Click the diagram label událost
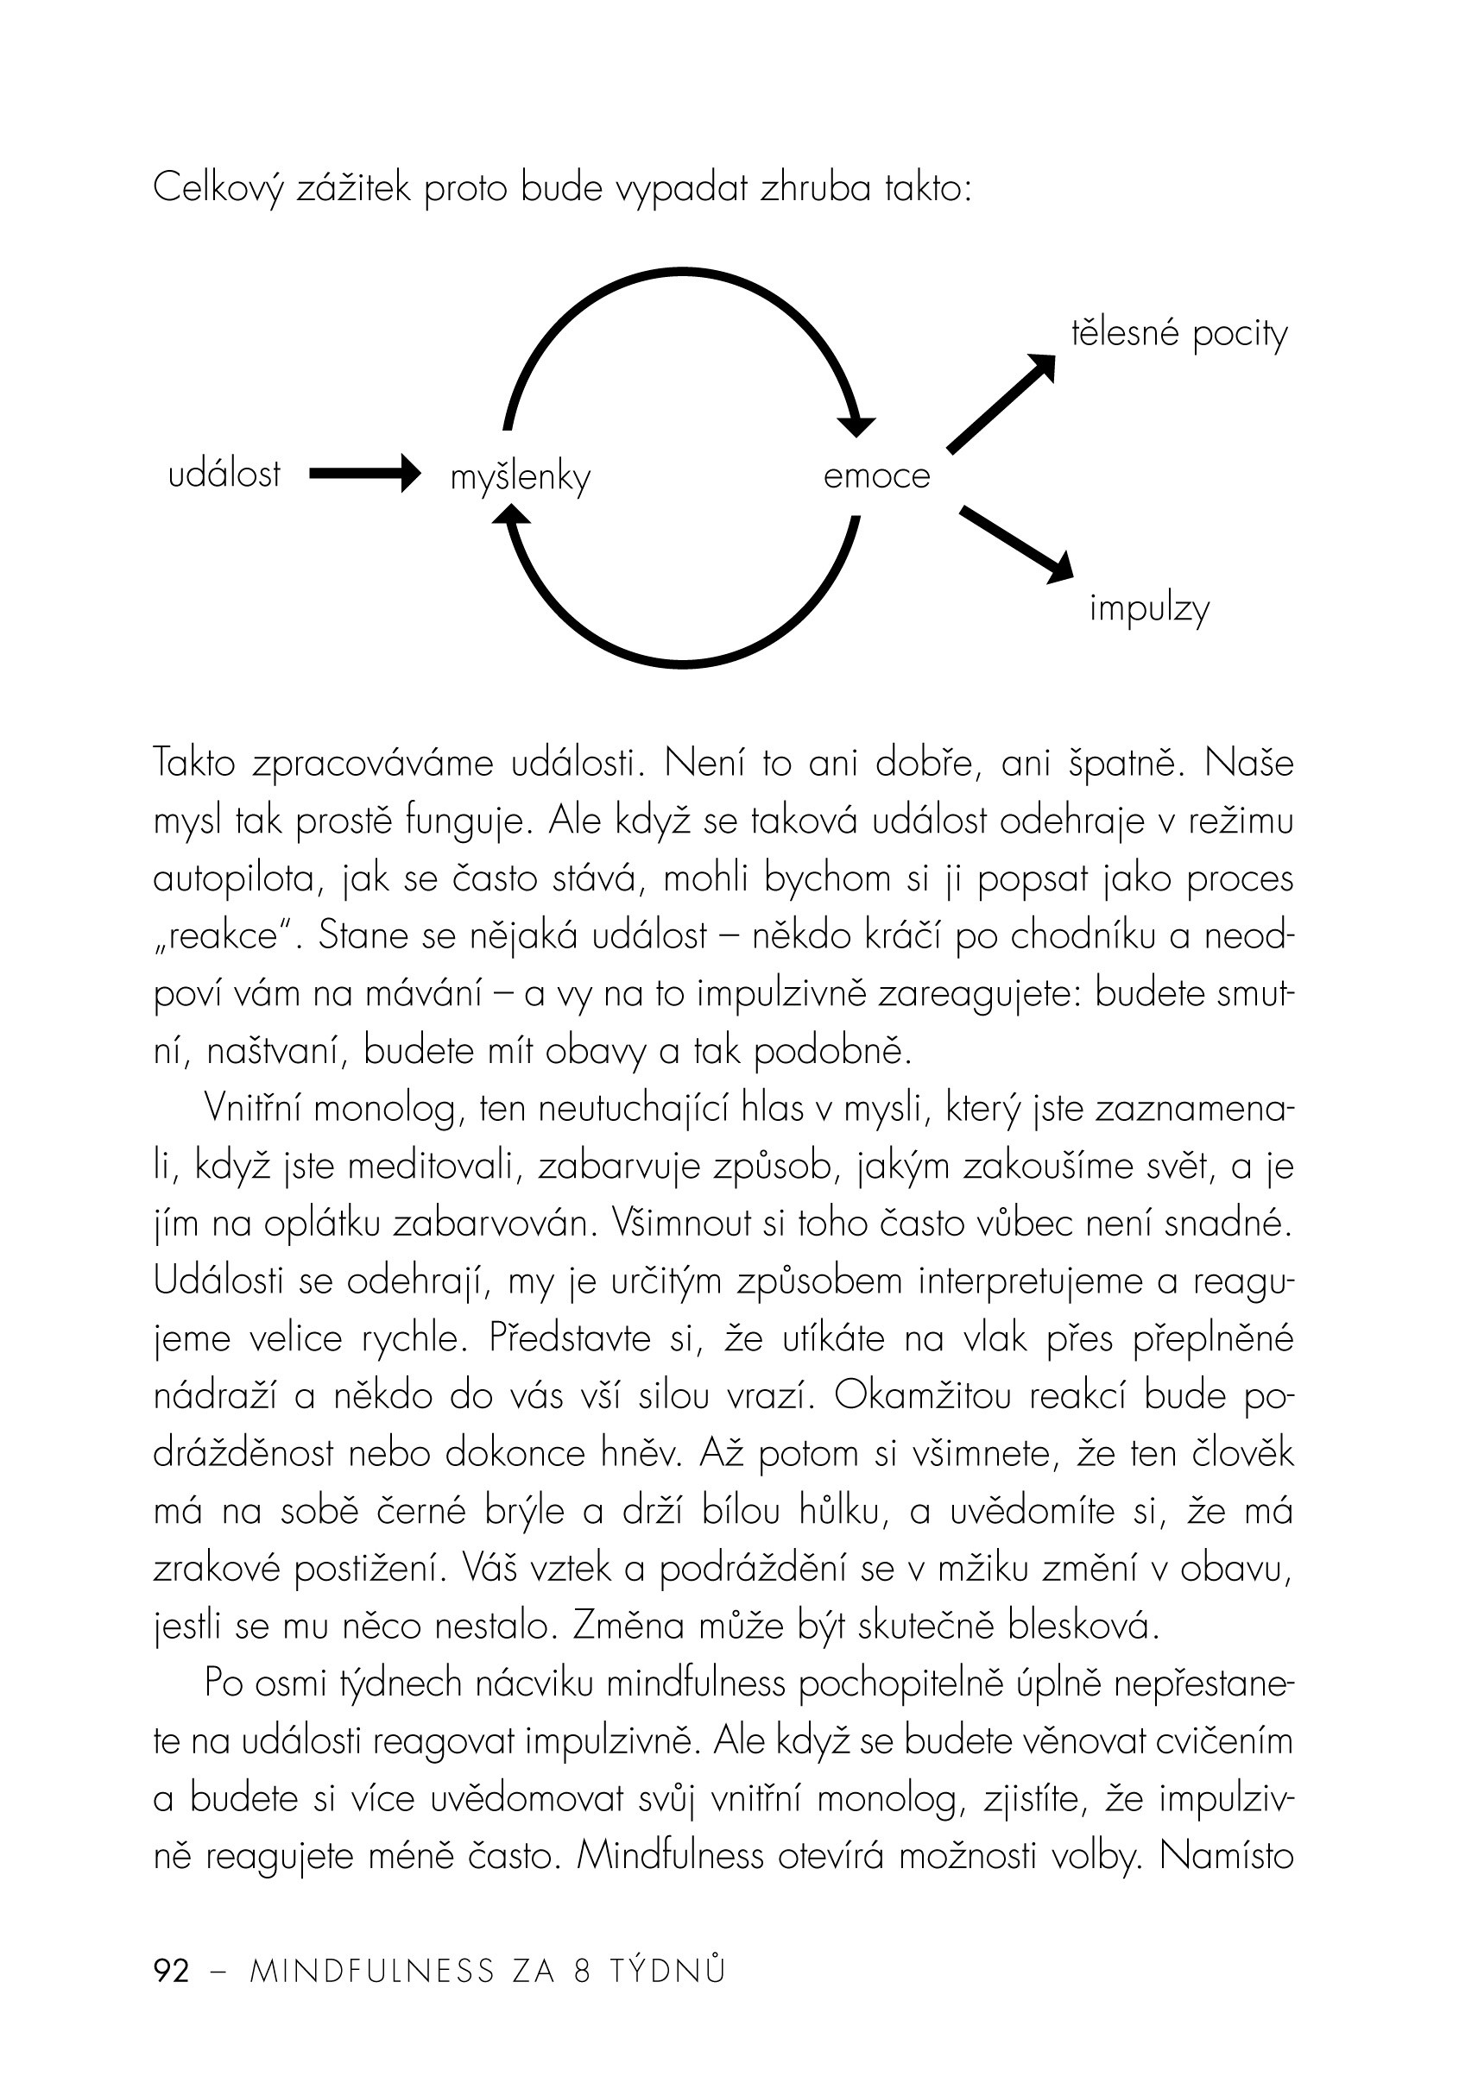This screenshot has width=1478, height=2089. pyautogui.click(x=224, y=475)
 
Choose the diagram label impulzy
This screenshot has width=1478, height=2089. pyautogui.click(x=1149, y=608)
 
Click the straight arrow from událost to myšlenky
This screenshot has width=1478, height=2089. pyautogui.click(x=364, y=473)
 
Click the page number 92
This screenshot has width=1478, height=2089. pyautogui.click(x=172, y=1971)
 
